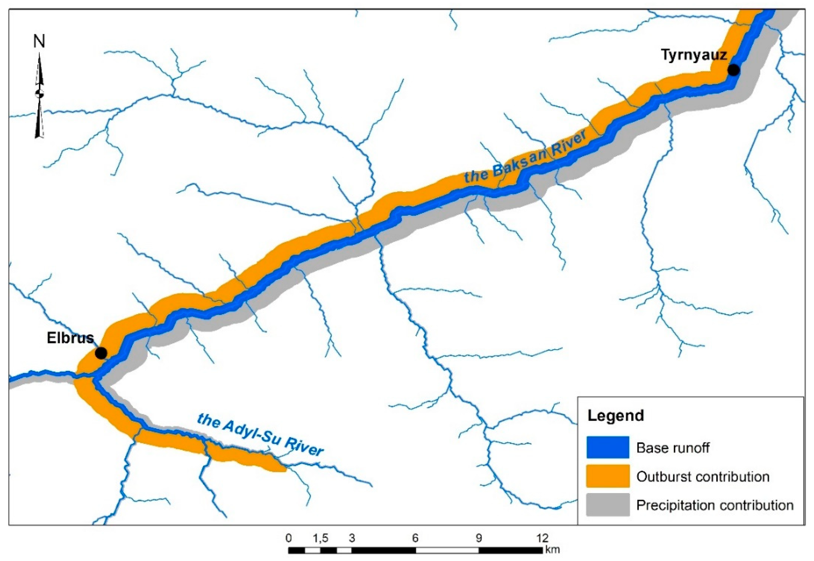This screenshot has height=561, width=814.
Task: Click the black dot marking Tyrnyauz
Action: click(x=733, y=70)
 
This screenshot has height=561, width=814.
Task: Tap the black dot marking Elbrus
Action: click(x=101, y=353)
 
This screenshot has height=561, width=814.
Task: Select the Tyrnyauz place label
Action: click(x=694, y=55)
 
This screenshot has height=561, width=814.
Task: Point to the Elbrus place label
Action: click(x=70, y=338)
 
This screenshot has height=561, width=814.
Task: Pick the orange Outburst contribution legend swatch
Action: click(x=608, y=476)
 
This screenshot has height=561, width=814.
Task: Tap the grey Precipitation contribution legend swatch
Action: click(x=608, y=505)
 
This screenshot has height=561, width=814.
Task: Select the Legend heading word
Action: click(x=616, y=416)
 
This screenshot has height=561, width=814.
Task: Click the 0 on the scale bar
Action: click(x=289, y=538)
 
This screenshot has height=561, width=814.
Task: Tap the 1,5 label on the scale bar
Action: click(x=320, y=538)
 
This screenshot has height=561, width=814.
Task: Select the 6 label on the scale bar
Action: click(x=415, y=538)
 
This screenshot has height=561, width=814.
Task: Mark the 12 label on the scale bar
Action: click(x=542, y=538)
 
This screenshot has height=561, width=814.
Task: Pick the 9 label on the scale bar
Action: click(x=479, y=538)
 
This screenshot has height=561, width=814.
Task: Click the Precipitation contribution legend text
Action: click(x=715, y=505)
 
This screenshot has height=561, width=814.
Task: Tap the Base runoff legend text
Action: click(x=673, y=448)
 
